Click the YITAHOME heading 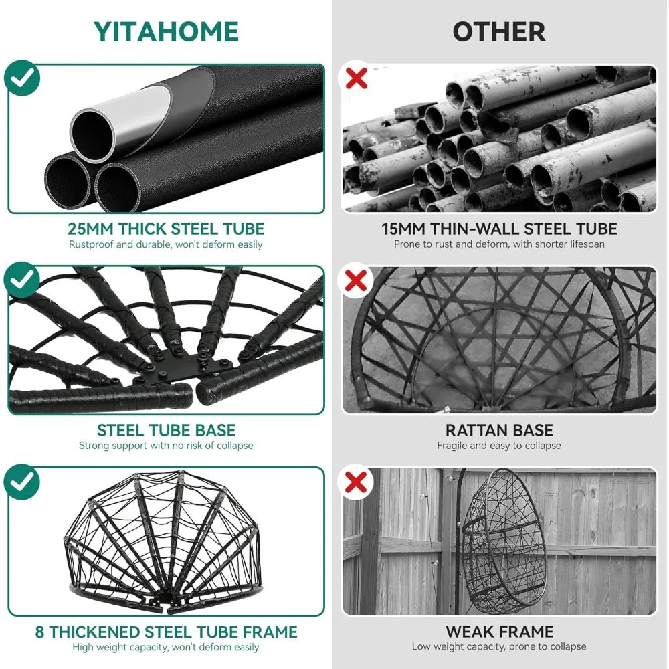[x=166, y=31]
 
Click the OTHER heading [x=499, y=32]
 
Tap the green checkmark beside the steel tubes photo [x=22, y=78]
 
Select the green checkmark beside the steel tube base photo [x=22, y=280]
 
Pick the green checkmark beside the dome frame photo [x=22, y=482]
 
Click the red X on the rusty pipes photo [x=357, y=78]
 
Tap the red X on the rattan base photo [x=356, y=280]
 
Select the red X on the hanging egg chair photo [x=356, y=482]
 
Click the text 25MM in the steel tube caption [x=90, y=229]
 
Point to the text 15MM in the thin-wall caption [x=403, y=229]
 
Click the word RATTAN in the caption [x=474, y=430]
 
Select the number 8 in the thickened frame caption [x=39, y=632]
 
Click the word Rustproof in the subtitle [x=91, y=244]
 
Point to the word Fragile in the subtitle [x=452, y=446]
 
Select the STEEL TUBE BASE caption [x=167, y=430]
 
